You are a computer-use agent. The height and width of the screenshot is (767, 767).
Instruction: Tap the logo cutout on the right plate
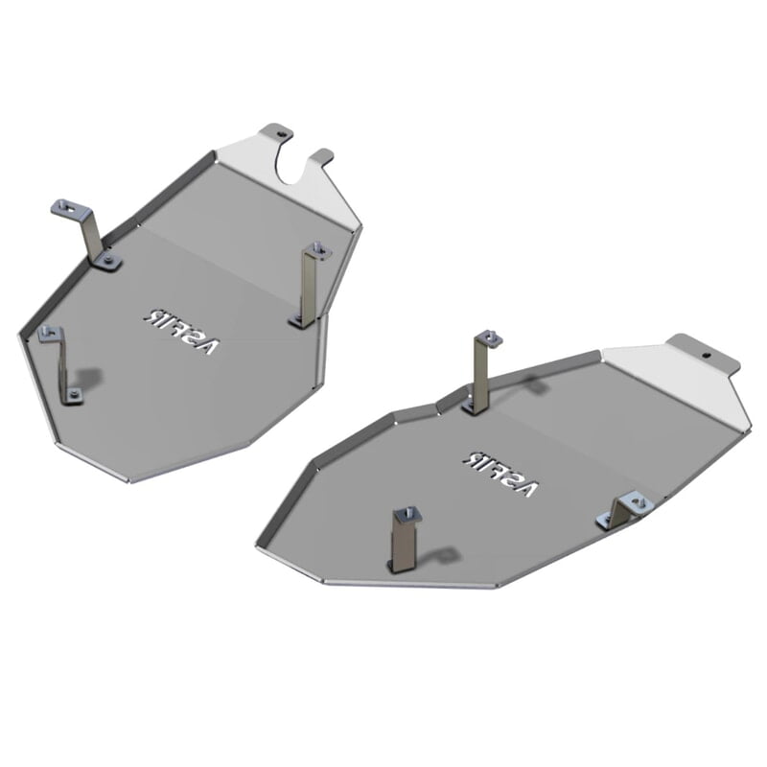click(499, 472)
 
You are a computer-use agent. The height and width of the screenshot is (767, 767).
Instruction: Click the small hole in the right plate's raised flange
click(708, 354)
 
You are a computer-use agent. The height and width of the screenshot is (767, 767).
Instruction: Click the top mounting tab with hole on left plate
click(275, 130)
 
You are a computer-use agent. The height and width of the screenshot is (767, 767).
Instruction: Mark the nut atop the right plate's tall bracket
click(489, 337)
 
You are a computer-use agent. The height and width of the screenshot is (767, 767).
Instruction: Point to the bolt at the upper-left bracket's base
click(108, 258)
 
